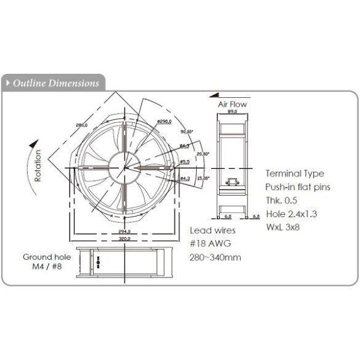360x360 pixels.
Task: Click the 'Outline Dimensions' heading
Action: [55, 83]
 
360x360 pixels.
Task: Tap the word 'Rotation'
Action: [38, 167]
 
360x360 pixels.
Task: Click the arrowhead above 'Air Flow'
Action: [213, 95]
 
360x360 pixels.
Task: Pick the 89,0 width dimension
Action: [232, 113]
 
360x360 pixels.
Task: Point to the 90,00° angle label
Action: [186, 132]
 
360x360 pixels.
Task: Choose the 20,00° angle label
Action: [202, 154]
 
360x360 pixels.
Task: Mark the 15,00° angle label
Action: [202, 178]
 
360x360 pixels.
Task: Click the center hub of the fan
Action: [124, 167]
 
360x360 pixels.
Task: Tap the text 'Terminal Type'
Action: [294, 174]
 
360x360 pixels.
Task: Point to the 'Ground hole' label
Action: [47, 257]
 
